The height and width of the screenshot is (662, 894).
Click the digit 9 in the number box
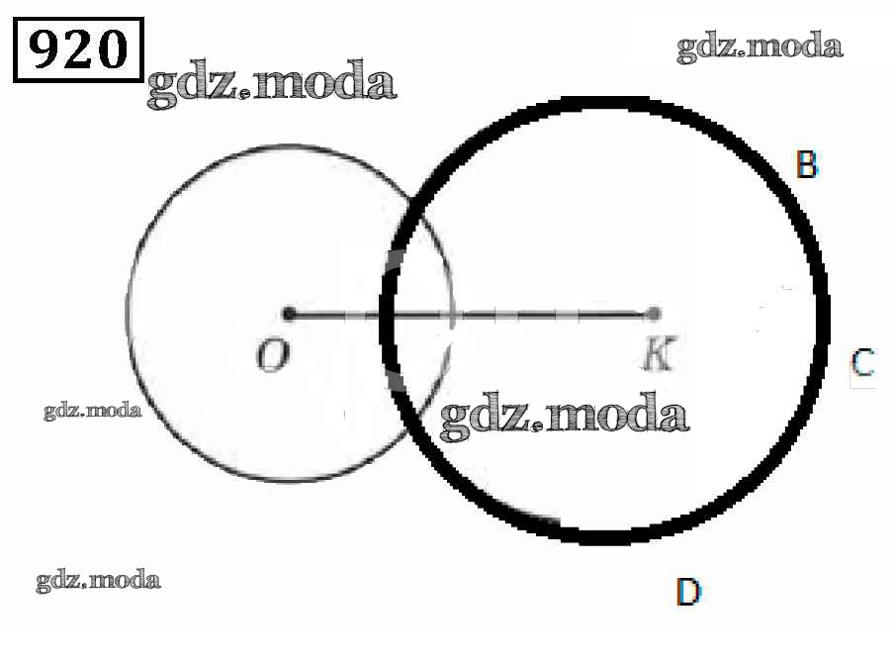(x=45, y=49)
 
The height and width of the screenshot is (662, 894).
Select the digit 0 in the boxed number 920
(x=111, y=49)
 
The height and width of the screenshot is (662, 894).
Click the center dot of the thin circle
(x=289, y=314)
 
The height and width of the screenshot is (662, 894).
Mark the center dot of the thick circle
(x=654, y=314)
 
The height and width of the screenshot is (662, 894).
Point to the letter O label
(x=273, y=354)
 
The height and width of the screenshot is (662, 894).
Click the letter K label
(x=659, y=354)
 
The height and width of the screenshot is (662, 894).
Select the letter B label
(x=806, y=164)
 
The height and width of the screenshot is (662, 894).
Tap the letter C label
(x=862, y=362)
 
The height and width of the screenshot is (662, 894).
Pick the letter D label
(x=688, y=592)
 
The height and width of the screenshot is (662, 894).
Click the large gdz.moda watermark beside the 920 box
(x=271, y=84)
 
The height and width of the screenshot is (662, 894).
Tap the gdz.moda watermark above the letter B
(x=760, y=47)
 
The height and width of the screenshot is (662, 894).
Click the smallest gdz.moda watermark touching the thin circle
(x=92, y=411)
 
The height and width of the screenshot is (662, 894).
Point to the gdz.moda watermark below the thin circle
(x=98, y=581)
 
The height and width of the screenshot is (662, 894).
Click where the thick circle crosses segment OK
(x=388, y=314)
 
